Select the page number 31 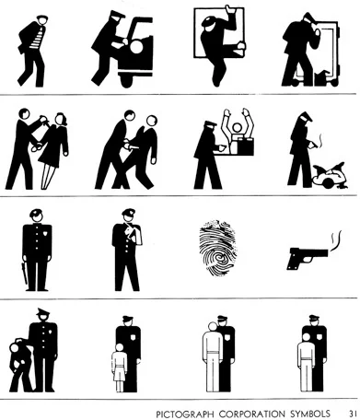[x=353, y=414]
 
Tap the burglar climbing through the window [x=220, y=43]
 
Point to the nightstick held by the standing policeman [x=25, y=274]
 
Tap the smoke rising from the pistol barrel [x=336, y=241]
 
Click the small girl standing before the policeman [x=119, y=367]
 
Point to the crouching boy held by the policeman [x=19, y=365]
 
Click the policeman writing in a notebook [x=126, y=250]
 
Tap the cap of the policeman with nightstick [x=37, y=212]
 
